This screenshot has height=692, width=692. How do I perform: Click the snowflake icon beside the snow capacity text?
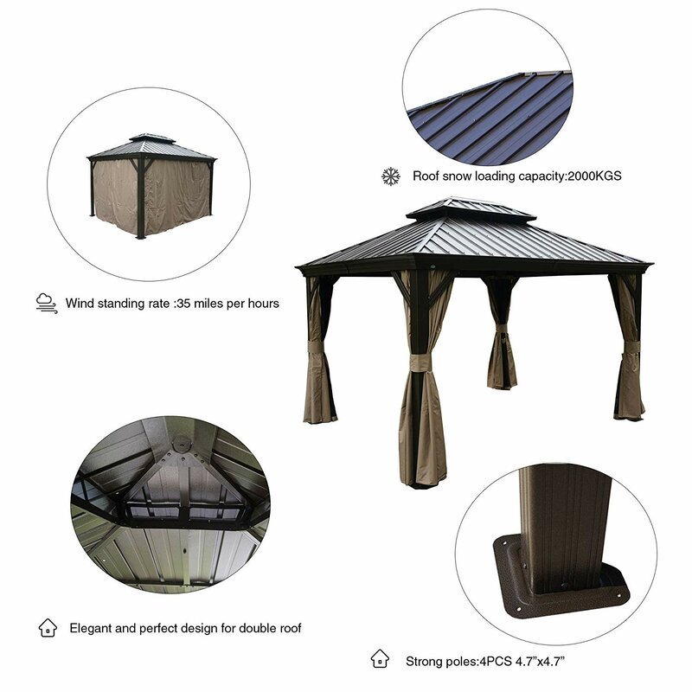pyautogui.click(x=391, y=176)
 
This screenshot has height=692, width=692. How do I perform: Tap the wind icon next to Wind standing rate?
pyautogui.click(x=46, y=304)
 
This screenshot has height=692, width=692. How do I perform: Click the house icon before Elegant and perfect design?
pyautogui.click(x=47, y=627)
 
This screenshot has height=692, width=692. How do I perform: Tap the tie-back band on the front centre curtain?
pyautogui.click(x=420, y=364)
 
